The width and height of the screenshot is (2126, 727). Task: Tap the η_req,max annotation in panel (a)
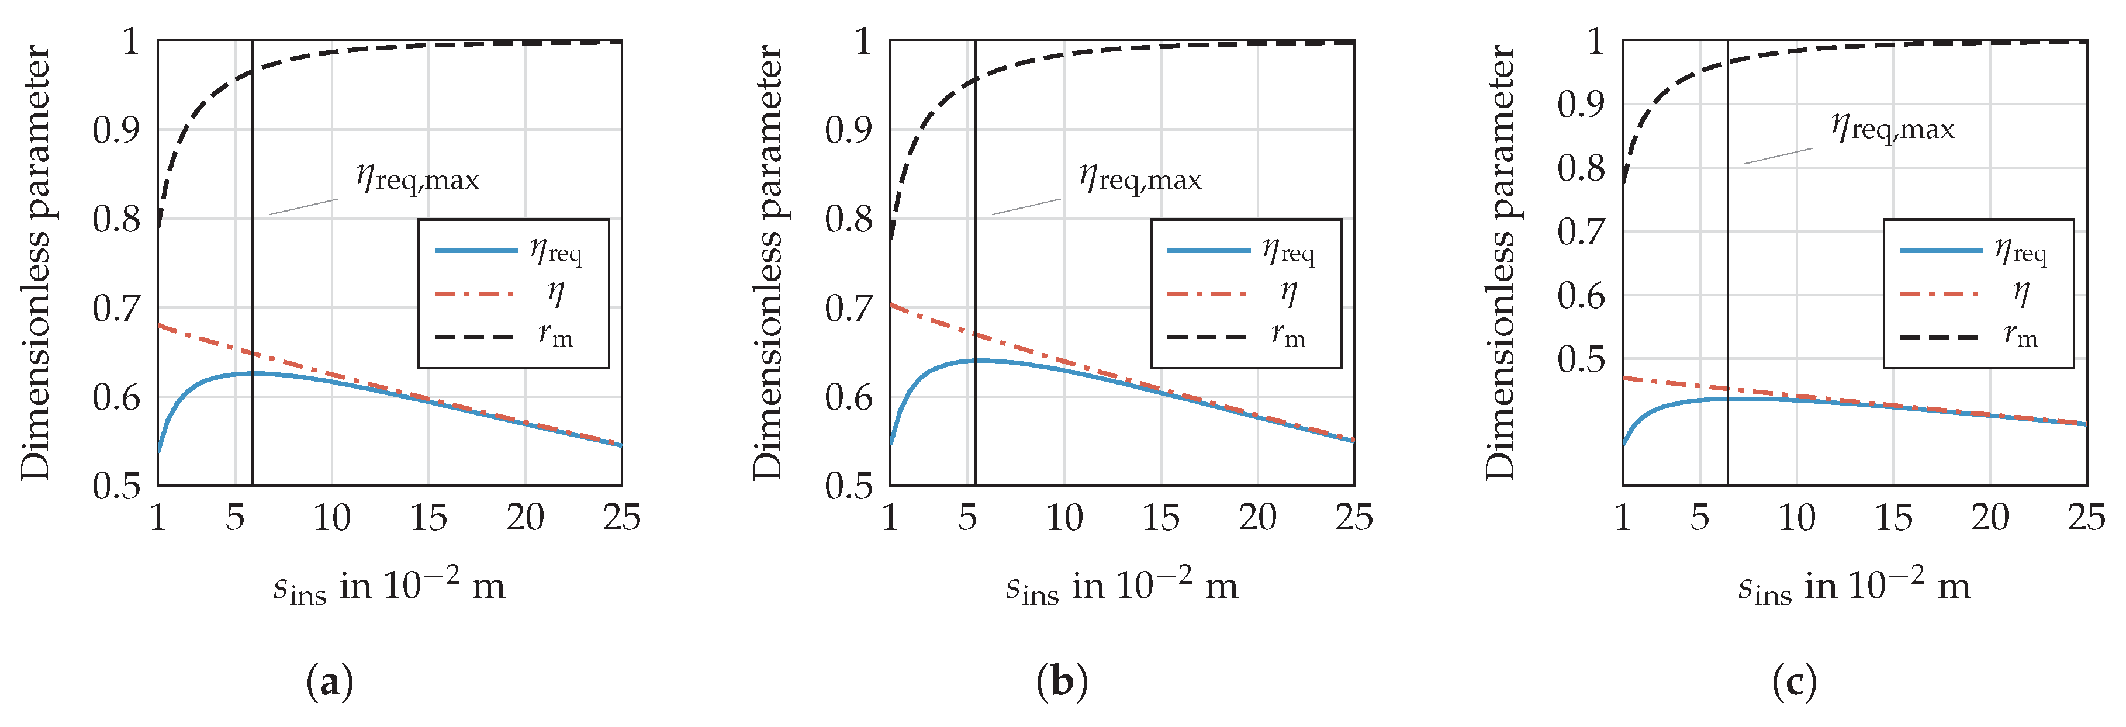pyautogui.click(x=417, y=178)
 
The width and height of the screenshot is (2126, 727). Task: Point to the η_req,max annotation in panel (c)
pyautogui.click(x=1892, y=128)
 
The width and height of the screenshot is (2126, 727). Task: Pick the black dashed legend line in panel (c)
pyautogui.click(x=1940, y=337)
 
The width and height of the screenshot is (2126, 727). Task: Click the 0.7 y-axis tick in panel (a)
pyautogui.click(x=116, y=309)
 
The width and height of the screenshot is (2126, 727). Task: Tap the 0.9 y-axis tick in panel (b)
pyautogui.click(x=848, y=130)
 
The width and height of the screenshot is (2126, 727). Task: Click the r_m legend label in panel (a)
pyautogui.click(x=555, y=335)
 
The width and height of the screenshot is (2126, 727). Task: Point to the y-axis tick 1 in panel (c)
pyautogui.click(x=1597, y=40)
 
